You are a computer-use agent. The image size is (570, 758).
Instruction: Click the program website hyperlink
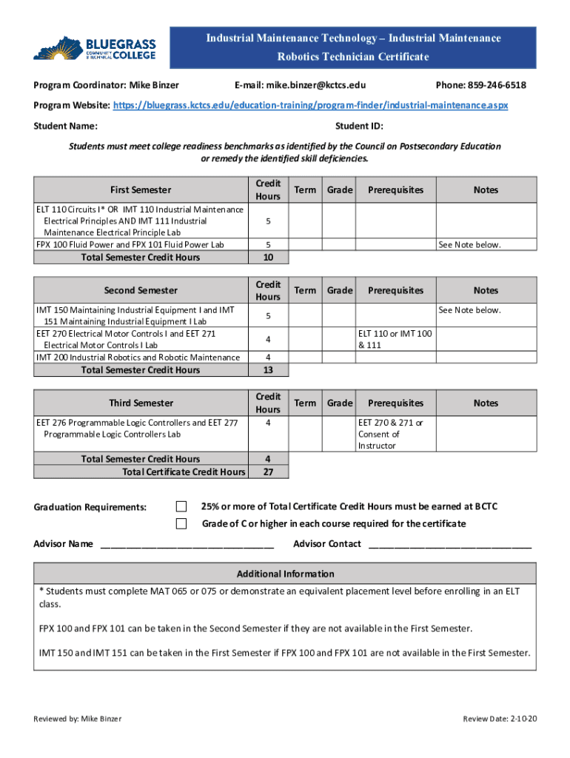point(310,106)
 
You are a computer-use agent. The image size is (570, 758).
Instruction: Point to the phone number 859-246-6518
point(499,86)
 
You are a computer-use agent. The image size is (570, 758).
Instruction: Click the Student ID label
point(359,126)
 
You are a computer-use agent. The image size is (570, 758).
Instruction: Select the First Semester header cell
point(140,190)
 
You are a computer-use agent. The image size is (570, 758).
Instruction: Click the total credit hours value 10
point(268,258)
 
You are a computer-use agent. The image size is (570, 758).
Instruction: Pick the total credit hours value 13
point(268,370)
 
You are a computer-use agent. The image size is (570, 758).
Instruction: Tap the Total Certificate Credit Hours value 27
point(268,472)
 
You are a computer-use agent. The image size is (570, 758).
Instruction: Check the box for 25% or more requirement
point(181,506)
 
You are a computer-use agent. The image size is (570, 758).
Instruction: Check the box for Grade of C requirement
point(181,524)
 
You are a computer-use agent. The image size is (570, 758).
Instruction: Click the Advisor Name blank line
point(187,545)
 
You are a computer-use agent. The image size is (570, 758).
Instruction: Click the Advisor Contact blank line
point(449,545)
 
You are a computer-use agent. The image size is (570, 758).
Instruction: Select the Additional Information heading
point(285,574)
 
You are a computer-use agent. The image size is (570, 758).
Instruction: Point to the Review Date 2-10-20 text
point(499,719)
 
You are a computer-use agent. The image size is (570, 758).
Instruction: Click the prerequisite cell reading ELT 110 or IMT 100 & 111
point(395,339)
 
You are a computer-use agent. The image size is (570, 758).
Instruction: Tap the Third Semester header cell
point(141,403)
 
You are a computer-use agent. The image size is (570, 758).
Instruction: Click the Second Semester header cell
point(140,291)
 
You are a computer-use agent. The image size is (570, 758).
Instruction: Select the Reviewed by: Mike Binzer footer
point(78,719)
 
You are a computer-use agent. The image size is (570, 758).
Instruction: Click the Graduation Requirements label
point(90,507)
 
